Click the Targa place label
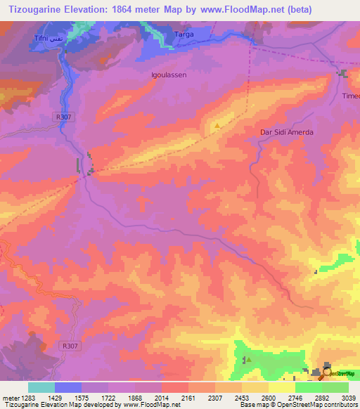tap(185, 33)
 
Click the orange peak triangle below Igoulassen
tap(217, 126)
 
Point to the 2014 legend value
tap(161, 398)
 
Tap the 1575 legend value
tap(81, 398)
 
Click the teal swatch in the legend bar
tap(41, 387)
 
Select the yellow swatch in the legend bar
tap(281, 387)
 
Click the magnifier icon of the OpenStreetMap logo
tap(328, 372)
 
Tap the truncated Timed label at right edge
tap(350, 96)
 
